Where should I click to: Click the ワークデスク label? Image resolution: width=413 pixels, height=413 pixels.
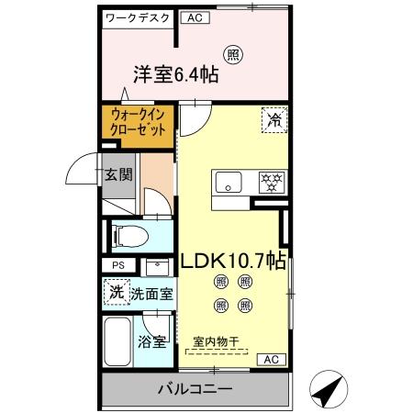click(137, 17)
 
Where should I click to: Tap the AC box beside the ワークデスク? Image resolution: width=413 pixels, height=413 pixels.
click(193, 17)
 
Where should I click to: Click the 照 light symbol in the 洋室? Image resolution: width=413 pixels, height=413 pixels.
click(235, 54)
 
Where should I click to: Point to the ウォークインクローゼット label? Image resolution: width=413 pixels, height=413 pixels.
click(139, 123)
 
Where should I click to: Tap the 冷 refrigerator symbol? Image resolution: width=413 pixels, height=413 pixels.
click(273, 118)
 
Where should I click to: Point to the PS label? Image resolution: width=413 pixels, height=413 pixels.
click(117, 266)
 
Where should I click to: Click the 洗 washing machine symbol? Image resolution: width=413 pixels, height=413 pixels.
click(115, 294)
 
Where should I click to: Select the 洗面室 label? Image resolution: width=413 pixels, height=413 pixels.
click(151, 295)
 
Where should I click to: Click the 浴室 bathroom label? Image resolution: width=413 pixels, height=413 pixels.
click(152, 341)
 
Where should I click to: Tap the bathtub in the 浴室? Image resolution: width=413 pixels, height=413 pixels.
click(118, 343)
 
